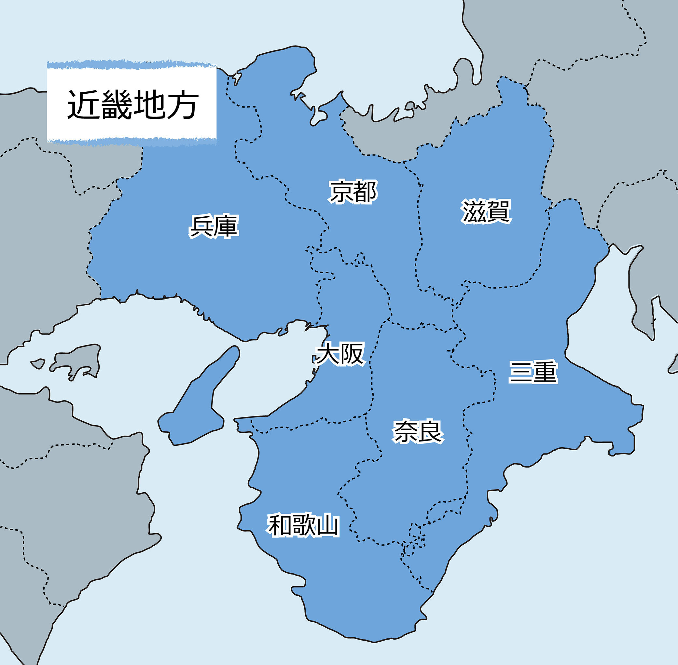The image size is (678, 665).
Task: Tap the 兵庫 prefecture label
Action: click(x=214, y=226)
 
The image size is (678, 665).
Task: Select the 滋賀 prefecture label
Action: click(x=486, y=211)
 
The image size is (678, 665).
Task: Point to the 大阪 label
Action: click(x=340, y=354)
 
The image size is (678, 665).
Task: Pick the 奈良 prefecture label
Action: click(x=418, y=432)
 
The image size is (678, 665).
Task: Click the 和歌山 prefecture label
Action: click(x=303, y=525)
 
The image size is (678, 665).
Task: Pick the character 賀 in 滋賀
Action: click(x=498, y=211)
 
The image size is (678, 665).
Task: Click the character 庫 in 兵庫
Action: click(x=226, y=226)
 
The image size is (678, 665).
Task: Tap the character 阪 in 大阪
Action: click(x=352, y=354)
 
